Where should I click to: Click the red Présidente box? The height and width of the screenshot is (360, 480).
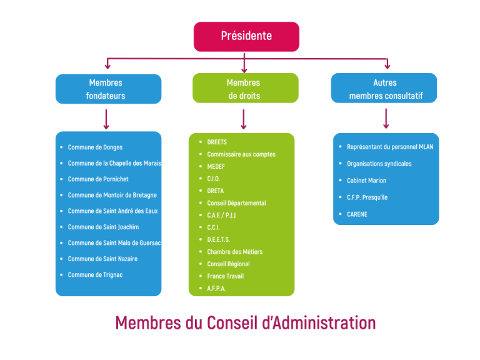click(x=246, y=36)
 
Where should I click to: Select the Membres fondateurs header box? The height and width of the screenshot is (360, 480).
click(x=108, y=89)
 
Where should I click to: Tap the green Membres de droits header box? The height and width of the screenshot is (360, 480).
click(x=246, y=88)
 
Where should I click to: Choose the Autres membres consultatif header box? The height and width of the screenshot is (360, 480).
click(x=384, y=88)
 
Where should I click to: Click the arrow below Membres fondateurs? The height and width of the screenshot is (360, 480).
click(x=106, y=119)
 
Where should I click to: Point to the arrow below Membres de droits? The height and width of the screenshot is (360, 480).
click(x=244, y=119)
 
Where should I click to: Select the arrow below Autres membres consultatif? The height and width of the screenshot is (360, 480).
click(x=386, y=119)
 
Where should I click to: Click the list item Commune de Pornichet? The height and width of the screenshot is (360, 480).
click(x=98, y=179)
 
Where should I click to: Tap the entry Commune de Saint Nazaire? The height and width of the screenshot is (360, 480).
click(x=102, y=259)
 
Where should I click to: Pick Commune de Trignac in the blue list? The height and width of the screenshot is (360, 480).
click(x=95, y=274)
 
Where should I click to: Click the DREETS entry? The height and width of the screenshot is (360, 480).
click(x=217, y=142)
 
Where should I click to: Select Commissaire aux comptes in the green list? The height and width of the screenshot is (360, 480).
click(x=241, y=154)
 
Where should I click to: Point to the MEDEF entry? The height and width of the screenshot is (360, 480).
click(x=216, y=166)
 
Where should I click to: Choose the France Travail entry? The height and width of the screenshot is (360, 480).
click(x=225, y=276)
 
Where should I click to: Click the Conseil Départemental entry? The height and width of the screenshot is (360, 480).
click(x=236, y=203)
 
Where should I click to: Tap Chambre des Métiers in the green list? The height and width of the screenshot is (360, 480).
click(x=235, y=252)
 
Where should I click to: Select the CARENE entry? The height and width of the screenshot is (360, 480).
click(x=357, y=214)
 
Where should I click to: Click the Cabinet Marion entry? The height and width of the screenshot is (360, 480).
click(x=366, y=181)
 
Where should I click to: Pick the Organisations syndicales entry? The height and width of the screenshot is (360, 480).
click(x=379, y=164)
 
